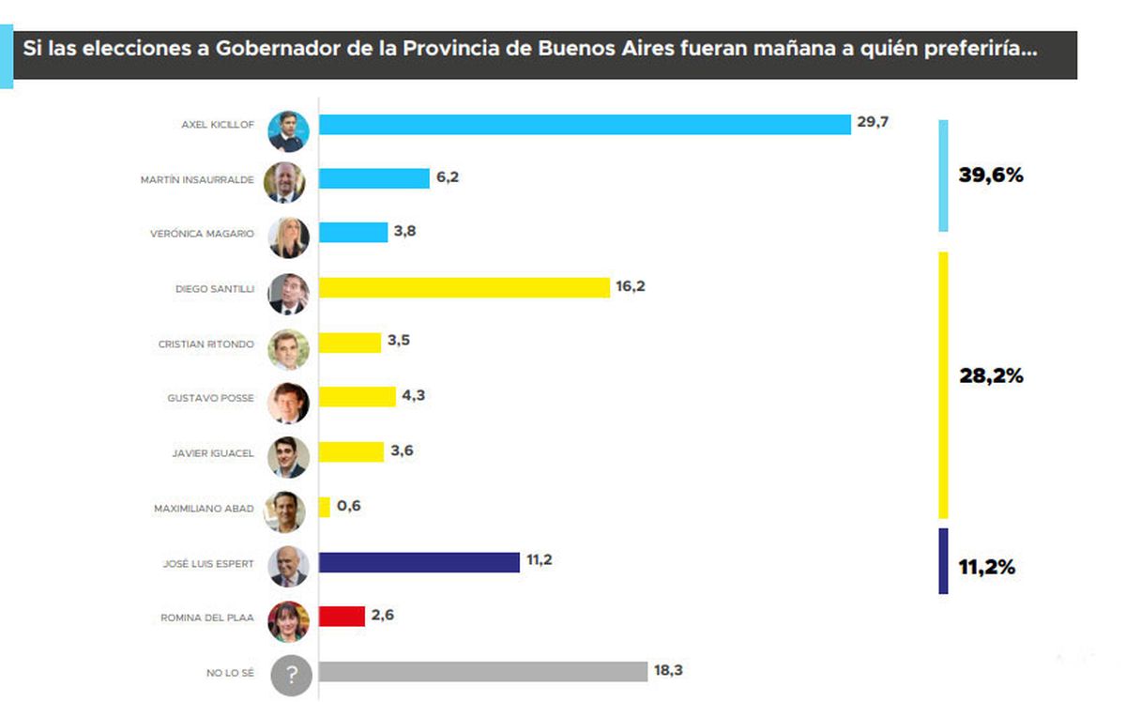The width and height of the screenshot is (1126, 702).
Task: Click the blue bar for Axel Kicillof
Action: [x=584, y=124]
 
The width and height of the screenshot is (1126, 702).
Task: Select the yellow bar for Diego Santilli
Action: [x=464, y=287]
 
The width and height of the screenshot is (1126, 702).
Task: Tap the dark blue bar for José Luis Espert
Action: [x=418, y=562]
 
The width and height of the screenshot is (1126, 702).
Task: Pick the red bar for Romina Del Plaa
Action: [x=342, y=617]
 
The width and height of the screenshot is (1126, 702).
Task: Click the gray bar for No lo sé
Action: [x=482, y=672]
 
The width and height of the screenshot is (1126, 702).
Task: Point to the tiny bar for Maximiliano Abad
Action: [x=325, y=507]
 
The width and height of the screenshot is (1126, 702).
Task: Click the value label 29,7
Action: [x=872, y=123]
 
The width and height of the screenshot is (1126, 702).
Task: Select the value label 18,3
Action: [x=669, y=671]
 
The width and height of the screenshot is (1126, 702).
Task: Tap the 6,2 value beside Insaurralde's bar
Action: [x=447, y=176]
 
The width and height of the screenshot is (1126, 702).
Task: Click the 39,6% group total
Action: [x=991, y=175]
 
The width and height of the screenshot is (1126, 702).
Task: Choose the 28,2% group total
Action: [x=991, y=376]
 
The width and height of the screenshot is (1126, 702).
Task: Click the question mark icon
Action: [x=291, y=675]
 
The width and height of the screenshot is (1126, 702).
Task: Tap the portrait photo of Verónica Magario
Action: [x=288, y=238]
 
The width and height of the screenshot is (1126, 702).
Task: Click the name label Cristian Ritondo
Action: [x=205, y=344]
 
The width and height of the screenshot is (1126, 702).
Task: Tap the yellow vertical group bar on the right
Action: [x=943, y=385]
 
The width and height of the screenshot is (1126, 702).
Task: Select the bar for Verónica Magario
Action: [x=353, y=232]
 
